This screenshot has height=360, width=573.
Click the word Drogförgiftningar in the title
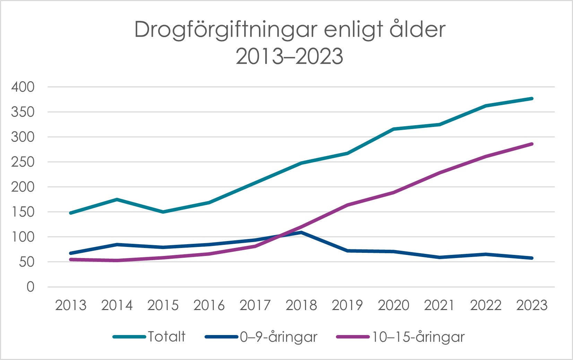point(226,30)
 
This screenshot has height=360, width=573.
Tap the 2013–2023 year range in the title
point(289,57)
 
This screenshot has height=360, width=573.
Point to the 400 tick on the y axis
point(23,87)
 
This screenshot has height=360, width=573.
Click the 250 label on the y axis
point(23,162)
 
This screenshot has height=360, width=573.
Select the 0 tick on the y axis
point(31,287)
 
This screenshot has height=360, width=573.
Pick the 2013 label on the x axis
point(71,305)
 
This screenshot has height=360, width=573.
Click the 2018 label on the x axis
point(301,305)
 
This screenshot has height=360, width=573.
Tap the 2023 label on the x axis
point(532,305)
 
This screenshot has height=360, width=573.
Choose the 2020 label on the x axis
point(393,305)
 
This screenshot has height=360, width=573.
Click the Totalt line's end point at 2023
point(532,99)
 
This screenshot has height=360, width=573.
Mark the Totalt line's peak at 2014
point(117,199)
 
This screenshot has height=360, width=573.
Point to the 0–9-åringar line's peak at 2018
point(301,232)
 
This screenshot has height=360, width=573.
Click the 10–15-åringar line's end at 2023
point(532,144)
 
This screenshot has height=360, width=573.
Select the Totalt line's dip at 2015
point(163,212)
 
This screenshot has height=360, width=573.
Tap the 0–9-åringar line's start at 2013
point(71,253)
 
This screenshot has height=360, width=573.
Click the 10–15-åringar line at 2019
point(347,205)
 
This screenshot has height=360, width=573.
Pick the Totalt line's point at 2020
point(393,129)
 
